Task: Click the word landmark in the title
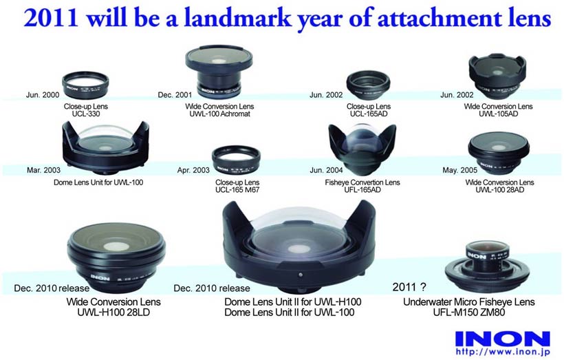click(x=238, y=18)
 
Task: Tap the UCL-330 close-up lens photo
click(x=85, y=85)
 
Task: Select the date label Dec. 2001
click(x=175, y=95)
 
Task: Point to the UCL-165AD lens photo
click(x=369, y=85)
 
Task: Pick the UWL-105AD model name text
click(x=498, y=114)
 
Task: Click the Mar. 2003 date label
click(x=43, y=170)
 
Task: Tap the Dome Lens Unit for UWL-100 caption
click(x=98, y=182)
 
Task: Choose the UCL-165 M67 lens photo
click(x=237, y=160)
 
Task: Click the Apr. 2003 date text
click(x=193, y=170)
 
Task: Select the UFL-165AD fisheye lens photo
click(x=362, y=150)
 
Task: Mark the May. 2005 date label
click(x=459, y=170)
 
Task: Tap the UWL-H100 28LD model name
click(x=113, y=312)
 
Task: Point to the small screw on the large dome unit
click(x=301, y=275)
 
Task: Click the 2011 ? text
click(x=409, y=287)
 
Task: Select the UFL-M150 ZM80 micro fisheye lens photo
click(x=487, y=267)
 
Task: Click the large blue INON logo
click(x=503, y=339)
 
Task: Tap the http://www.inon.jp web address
click(x=503, y=352)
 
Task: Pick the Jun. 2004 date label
click(x=326, y=170)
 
